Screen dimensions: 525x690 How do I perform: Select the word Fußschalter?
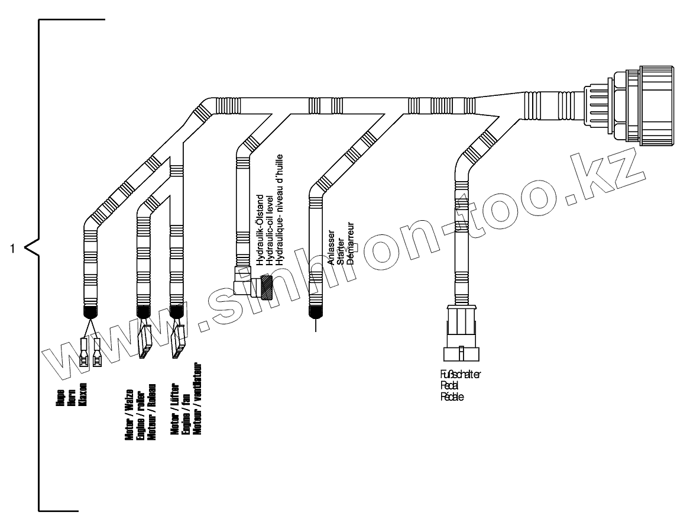coord(461,374)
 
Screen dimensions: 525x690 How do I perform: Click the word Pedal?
coord(449,385)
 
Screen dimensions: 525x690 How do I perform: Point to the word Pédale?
coord(452,397)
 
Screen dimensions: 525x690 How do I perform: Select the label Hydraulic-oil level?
coord(270,225)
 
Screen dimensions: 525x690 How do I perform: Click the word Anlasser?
coord(331,243)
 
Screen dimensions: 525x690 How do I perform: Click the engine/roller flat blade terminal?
coord(144,342)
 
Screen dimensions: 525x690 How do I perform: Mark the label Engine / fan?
coord(186,417)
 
